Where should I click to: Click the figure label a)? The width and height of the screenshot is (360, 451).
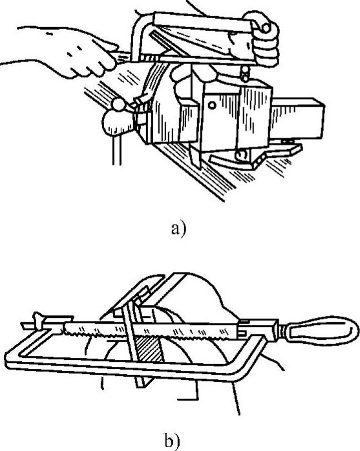tap(178, 230)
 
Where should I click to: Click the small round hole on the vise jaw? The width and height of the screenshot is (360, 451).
tap(212, 105)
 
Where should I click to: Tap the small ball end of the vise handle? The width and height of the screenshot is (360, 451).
tap(118, 105)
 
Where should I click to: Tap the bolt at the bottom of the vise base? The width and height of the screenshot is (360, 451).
tap(242, 156)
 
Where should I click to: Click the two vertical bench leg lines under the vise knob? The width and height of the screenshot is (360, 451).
tap(116, 150)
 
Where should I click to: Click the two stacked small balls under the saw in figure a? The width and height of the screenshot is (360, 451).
tap(244, 74)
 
